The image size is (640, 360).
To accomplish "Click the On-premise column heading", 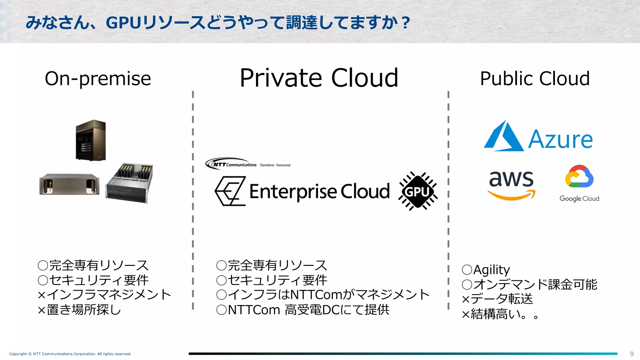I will [x=98, y=79].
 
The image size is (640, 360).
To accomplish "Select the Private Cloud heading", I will [x=319, y=78].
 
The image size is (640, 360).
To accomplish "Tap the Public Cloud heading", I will [x=535, y=78].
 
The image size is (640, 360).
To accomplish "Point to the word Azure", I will [x=560, y=140].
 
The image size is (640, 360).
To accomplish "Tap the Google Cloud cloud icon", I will [x=579, y=177].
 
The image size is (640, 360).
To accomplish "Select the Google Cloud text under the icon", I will [x=579, y=199].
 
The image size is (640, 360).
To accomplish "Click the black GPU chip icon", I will [x=418, y=191].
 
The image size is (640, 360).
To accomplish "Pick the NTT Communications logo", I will [x=231, y=164].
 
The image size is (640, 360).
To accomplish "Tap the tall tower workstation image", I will [x=91, y=140].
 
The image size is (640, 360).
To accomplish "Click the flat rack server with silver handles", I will [x=69, y=184].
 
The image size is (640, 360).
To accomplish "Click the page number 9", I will [x=632, y=354].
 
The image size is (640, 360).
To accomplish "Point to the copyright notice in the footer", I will [x=70, y=354].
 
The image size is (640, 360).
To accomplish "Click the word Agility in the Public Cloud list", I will [x=491, y=269].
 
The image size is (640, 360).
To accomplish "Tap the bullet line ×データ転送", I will [x=497, y=299].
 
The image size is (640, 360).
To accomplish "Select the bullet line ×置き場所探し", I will [x=79, y=310].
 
